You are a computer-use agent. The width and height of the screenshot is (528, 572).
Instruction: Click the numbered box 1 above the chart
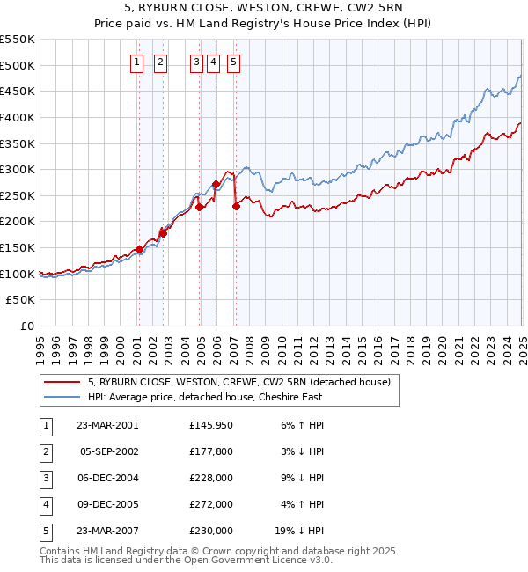tap(138, 62)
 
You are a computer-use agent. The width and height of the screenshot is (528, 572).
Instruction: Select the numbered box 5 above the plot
tap(233, 62)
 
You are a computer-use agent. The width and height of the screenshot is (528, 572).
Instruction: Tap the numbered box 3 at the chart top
tap(195, 62)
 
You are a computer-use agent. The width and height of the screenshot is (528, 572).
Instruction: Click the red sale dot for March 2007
tap(236, 207)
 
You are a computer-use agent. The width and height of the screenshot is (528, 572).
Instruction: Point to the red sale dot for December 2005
tap(216, 185)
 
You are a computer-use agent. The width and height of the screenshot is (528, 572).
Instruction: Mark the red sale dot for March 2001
tap(139, 250)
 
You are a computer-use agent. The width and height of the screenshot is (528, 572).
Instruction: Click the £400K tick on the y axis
tap(18, 117)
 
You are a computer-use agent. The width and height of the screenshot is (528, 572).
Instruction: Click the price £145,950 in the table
tap(210, 425)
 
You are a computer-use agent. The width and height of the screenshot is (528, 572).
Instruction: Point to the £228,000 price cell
tap(210, 479)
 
